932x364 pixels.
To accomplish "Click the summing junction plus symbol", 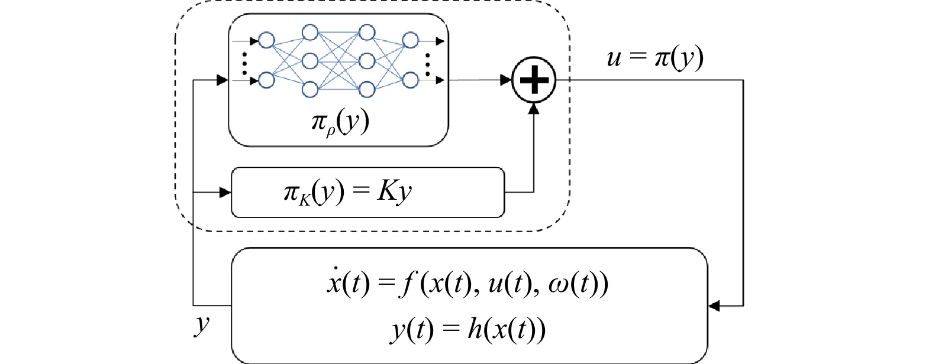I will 534,80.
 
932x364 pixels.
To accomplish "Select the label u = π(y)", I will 655,58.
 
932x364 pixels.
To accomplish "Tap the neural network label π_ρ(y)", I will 340,122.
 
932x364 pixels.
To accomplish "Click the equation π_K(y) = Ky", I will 347,193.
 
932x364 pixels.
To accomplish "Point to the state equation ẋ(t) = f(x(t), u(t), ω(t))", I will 467,284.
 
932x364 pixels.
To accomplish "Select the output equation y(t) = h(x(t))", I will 467,329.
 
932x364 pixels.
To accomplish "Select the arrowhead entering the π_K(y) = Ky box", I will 225,193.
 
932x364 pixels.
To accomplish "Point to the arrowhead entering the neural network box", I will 222,80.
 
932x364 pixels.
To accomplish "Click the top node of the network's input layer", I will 266,41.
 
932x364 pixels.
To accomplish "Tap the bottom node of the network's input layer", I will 266,80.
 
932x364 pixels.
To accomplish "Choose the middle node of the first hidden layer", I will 310,60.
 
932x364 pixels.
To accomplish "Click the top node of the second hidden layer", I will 367,32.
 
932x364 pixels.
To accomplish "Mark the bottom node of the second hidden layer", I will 367,89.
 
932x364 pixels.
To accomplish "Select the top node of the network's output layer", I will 410,41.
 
